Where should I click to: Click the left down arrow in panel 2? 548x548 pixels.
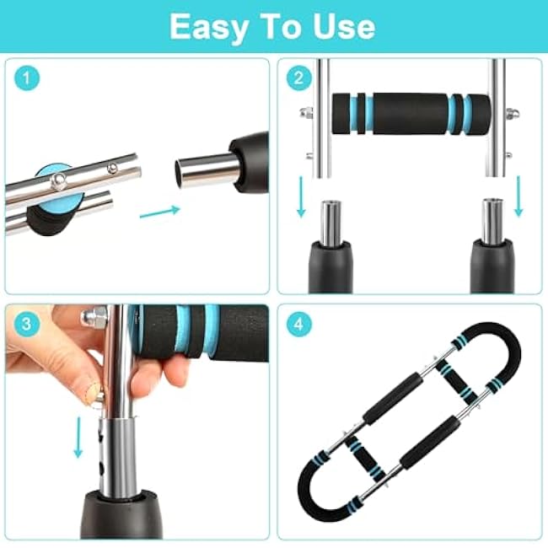301,197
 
